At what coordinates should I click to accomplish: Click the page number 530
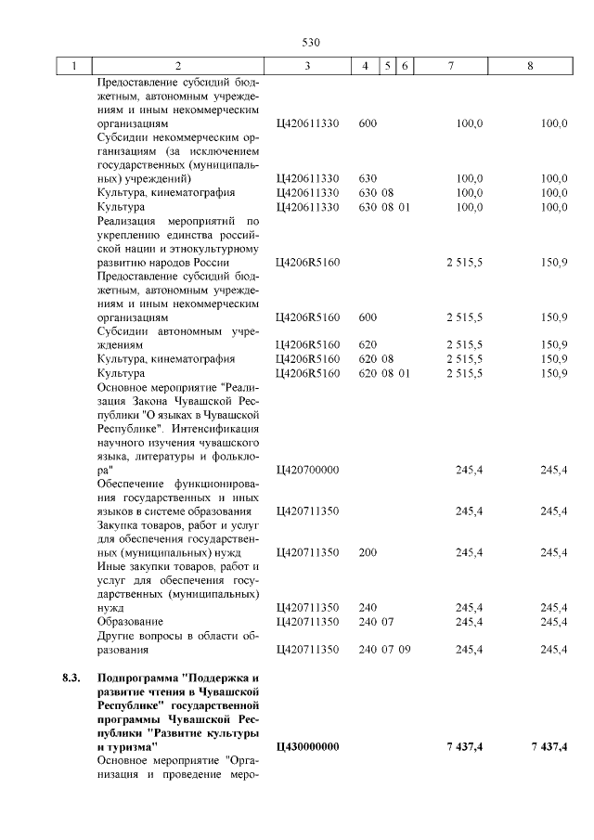point(311,42)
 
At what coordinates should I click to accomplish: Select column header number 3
point(307,67)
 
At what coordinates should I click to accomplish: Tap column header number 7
point(450,67)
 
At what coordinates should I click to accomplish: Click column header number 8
point(530,67)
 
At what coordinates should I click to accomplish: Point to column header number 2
point(178,67)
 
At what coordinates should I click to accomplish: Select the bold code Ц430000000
point(308,747)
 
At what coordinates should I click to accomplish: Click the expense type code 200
point(368,553)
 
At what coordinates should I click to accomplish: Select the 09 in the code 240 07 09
point(404,649)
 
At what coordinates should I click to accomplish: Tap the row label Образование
point(130,621)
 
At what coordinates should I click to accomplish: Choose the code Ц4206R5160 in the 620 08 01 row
point(308,373)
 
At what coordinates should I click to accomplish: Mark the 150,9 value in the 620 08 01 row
point(554,373)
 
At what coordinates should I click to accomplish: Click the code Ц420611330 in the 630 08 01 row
point(308,207)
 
